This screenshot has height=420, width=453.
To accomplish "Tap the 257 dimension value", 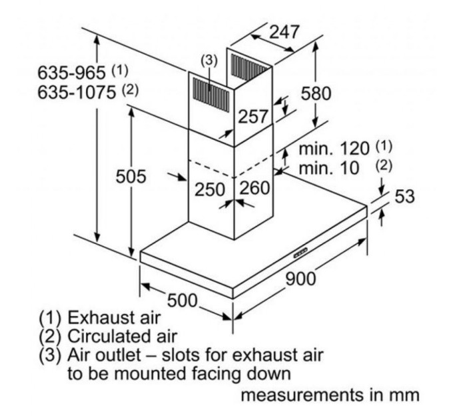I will click(x=253, y=117).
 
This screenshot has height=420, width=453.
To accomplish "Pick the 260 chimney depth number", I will click(x=254, y=189).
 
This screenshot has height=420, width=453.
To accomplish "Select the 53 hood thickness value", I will click(x=404, y=197).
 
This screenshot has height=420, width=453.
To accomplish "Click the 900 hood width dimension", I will click(x=301, y=278).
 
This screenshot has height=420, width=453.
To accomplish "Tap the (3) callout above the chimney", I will click(x=210, y=60).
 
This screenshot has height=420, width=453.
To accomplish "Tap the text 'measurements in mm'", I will click(x=329, y=395).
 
